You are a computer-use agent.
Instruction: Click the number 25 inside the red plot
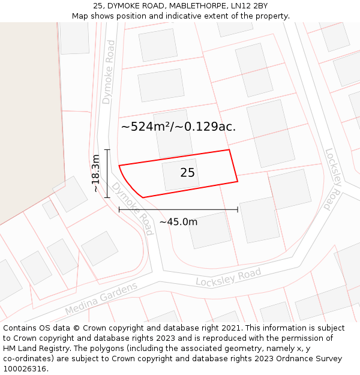click(187, 173)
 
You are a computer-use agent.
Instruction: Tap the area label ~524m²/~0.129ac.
click(178, 127)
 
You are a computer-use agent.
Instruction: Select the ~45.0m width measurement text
click(178, 222)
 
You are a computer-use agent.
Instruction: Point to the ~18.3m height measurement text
click(95, 173)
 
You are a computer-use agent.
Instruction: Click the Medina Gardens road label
click(101, 299)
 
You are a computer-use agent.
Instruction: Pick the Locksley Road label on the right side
click(332, 179)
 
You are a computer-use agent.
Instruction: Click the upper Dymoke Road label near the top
click(109, 72)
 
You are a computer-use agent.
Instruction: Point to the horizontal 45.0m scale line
click(178, 209)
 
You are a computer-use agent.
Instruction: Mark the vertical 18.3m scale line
click(107, 173)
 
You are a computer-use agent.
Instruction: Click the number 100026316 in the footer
click(26, 369)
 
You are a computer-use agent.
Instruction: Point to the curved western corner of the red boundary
click(126, 182)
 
